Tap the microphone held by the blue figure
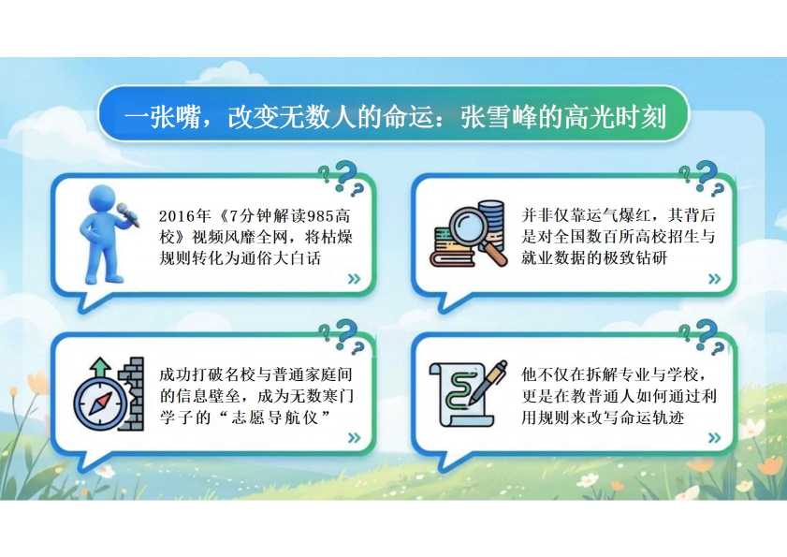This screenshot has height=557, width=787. click(x=128, y=214)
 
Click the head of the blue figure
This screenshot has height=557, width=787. click(x=104, y=201)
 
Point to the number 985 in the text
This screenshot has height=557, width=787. click(x=321, y=216)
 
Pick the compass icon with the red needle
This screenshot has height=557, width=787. click(x=100, y=403)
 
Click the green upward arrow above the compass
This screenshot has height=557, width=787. click(x=101, y=367)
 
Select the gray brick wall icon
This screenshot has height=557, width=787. click(x=132, y=394)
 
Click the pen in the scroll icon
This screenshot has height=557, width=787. click(x=488, y=381)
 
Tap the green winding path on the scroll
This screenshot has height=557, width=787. click(x=459, y=390)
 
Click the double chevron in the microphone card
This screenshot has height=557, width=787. click(x=355, y=279)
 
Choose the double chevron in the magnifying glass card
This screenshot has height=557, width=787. click(x=714, y=279)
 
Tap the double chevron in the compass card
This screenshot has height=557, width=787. click(x=355, y=437)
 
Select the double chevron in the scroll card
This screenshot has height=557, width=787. click(x=714, y=437)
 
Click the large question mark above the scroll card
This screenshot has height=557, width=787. click(x=707, y=330)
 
